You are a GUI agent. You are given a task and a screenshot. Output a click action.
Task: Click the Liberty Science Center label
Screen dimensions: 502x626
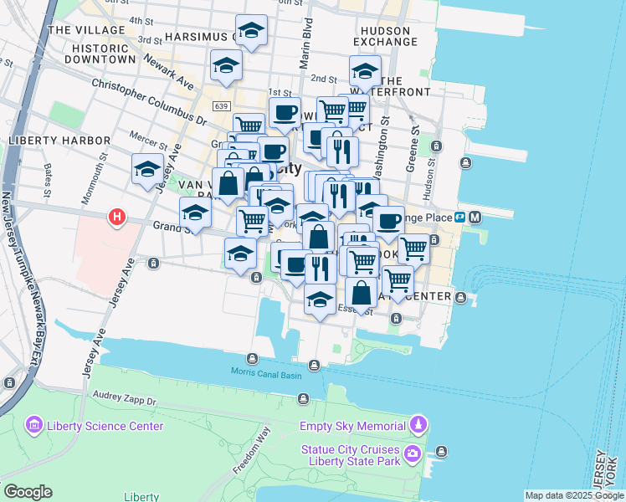click(x=105, y=426)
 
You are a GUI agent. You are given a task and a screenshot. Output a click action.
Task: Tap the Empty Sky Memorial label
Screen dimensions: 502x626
click(x=351, y=426)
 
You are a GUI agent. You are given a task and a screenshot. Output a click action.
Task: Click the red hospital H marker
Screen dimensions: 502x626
click(x=116, y=218)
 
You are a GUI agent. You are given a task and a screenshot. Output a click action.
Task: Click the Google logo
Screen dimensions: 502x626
click(x=28, y=492)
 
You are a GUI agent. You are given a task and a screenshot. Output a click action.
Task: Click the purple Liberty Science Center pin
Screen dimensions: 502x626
click(x=34, y=426)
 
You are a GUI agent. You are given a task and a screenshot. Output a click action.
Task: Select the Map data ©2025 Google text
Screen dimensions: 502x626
click(x=574, y=495)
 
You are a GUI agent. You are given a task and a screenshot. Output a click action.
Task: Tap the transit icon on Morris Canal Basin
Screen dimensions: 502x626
click(x=314, y=365)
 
